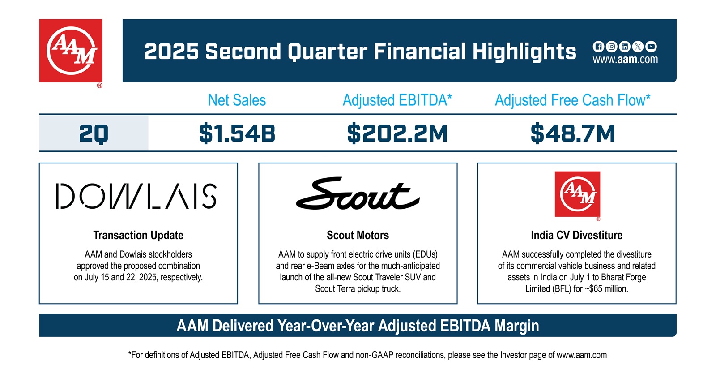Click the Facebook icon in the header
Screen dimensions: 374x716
pos(598,47)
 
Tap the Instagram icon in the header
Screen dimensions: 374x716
pos(611,47)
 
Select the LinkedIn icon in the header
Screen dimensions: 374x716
pos(625,47)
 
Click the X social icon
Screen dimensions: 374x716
pos(638,47)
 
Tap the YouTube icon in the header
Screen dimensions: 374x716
pos(651,47)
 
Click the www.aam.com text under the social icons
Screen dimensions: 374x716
pos(625,60)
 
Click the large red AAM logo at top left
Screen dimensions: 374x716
pos(71,51)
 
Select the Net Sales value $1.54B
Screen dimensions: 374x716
pos(237,133)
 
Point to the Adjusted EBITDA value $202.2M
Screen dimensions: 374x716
pos(397,133)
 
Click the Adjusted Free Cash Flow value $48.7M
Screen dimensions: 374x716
pos(572,133)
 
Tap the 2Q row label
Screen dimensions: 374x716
pos(94,133)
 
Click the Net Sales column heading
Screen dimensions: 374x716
pos(237,100)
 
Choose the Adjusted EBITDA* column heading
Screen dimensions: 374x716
pos(397,100)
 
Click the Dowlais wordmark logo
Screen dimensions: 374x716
pos(136,196)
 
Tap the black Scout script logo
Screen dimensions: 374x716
pos(358,194)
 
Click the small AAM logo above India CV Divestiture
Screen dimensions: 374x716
pos(577,194)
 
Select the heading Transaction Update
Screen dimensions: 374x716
pos(138,235)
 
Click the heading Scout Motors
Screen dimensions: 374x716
pos(358,235)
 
